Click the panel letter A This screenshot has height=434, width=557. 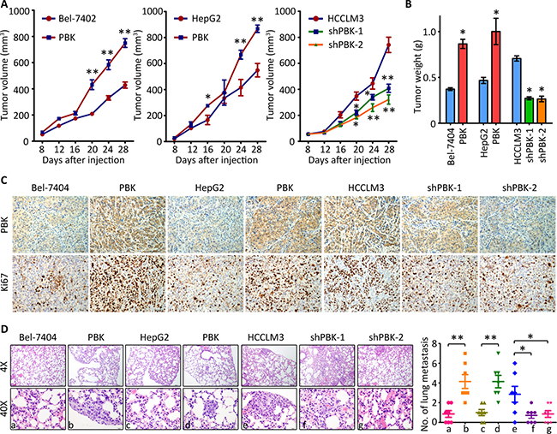click(x=6, y=7)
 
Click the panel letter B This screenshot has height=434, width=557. click(x=417, y=7)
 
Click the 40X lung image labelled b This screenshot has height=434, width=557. click(x=95, y=395)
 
